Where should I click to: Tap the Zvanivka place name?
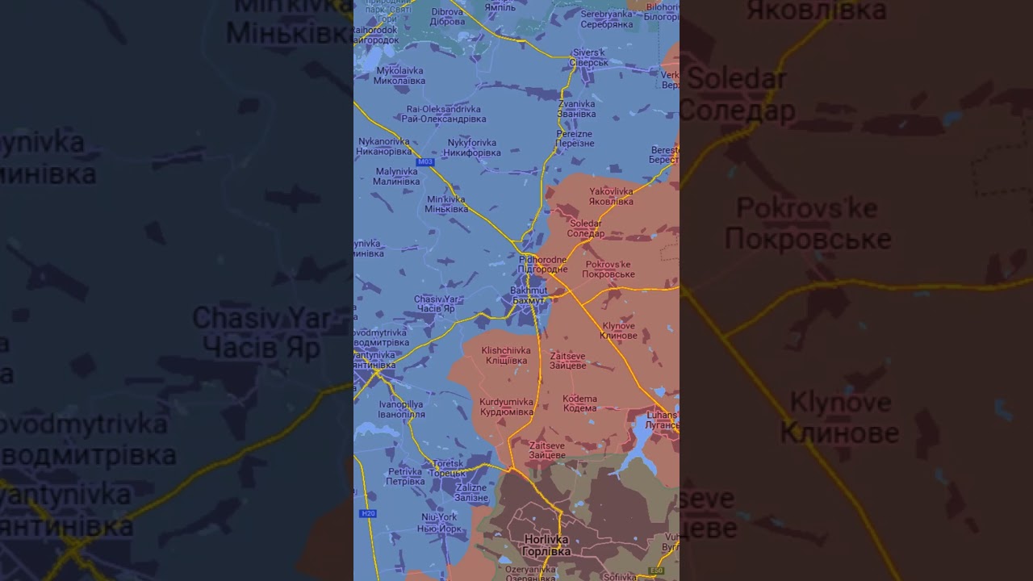[576, 108]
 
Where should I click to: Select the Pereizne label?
[575, 138]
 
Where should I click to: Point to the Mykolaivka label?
[400, 76]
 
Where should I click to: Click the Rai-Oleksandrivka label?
[444, 114]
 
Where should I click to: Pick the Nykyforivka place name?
[474, 148]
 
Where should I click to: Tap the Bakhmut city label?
[529, 295]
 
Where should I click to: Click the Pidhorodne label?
[542, 264]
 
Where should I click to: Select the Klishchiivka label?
[506, 355]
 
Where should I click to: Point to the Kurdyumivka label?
[506, 407]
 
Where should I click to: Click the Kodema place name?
[579, 403]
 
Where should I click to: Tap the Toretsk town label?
[448, 468]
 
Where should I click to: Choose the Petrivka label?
[405, 476]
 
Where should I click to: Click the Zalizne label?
[471, 493]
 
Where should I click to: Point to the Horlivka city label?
[546, 545]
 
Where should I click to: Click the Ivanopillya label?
[401, 409]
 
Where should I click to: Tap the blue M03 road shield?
[425, 162]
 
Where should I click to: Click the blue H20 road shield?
[367, 513]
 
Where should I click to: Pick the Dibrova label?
[447, 17]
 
